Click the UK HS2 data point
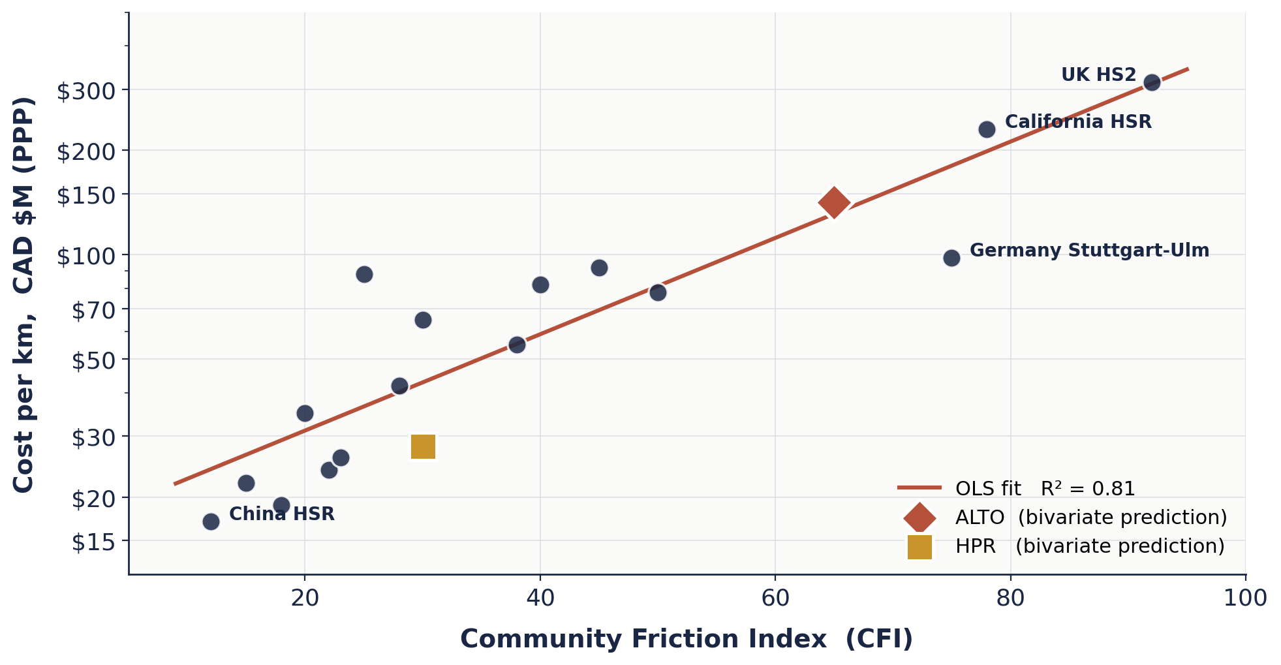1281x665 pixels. tap(1152, 82)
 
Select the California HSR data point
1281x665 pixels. tap(987, 129)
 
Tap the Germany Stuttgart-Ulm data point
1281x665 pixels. tap(951, 258)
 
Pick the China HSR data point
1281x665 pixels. tap(211, 521)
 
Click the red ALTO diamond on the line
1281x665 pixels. tap(833, 202)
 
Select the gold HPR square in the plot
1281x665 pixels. tap(423, 447)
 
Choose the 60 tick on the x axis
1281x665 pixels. tap(775, 598)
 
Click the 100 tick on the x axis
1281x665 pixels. tap(1244, 598)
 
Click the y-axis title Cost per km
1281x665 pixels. tap(24, 294)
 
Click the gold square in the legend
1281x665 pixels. tap(919, 547)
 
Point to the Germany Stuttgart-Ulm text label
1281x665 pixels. tap(1089, 251)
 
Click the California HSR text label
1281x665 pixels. tap(1078, 122)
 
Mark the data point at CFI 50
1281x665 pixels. tap(658, 292)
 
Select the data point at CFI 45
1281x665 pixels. tap(599, 268)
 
